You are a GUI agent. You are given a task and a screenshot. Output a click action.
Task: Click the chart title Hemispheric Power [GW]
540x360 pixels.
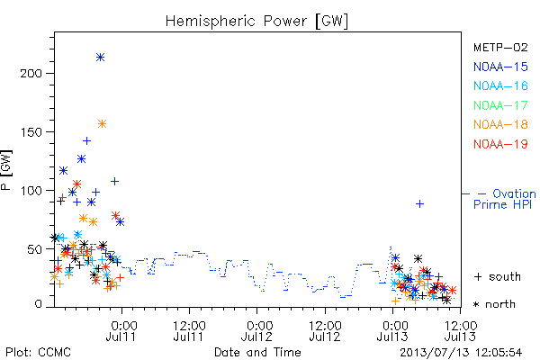click(x=256, y=22)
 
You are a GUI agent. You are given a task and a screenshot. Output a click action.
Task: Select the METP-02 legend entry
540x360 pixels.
click(x=500, y=47)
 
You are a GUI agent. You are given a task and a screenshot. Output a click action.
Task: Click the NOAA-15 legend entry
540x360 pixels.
click(x=500, y=67)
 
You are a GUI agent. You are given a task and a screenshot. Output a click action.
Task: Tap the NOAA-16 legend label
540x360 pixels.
click(x=500, y=85)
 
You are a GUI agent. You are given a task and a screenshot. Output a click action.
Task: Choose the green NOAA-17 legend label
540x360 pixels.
click(x=500, y=105)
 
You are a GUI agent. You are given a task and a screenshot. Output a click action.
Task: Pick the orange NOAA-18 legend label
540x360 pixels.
click(x=500, y=124)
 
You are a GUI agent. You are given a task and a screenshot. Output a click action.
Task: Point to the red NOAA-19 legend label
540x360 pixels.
click(x=500, y=144)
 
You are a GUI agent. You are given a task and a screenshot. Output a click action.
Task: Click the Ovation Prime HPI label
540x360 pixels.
click(x=505, y=199)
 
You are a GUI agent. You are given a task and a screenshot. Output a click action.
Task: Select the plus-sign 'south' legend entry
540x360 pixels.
click(x=497, y=276)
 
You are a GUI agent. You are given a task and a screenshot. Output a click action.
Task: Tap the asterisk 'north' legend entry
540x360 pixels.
click(x=494, y=304)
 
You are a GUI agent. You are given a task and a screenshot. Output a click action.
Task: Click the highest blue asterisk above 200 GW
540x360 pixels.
click(x=100, y=58)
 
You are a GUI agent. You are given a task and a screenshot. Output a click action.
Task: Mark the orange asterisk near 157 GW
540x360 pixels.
click(x=102, y=123)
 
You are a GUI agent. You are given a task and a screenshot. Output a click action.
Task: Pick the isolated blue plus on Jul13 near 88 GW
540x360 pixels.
click(x=419, y=204)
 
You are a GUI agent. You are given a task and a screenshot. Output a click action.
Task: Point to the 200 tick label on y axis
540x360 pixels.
click(x=31, y=74)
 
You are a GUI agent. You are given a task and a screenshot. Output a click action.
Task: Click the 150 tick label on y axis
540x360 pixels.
click(x=31, y=132)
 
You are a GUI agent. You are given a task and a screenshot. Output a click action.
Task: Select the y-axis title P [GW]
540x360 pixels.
click(x=6, y=170)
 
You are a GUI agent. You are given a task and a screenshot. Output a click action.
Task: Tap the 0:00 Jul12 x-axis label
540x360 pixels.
click(x=256, y=331)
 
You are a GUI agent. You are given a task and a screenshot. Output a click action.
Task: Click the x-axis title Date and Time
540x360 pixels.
click(x=257, y=353)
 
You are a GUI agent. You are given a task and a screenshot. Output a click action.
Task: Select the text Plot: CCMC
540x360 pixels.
click(x=38, y=353)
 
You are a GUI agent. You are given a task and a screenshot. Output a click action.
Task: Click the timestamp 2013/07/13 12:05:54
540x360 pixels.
click(x=461, y=353)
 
